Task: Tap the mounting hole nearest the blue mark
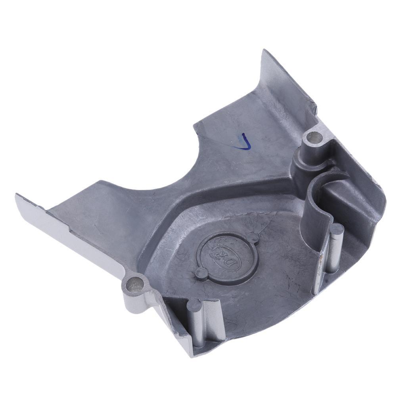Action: coord(315,138)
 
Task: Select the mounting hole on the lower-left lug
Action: coord(134,284)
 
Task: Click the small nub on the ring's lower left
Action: coord(201,272)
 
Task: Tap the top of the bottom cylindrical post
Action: coord(194,305)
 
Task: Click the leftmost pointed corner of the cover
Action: coord(17,196)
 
